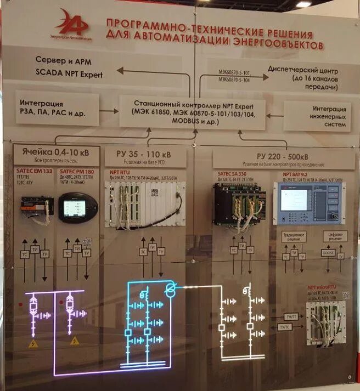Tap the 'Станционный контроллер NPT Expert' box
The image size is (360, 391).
(x=191, y=111)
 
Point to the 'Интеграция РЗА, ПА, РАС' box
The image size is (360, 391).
(x=57, y=107)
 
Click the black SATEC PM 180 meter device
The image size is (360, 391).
(x=78, y=207)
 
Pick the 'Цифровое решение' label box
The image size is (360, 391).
(x=335, y=236)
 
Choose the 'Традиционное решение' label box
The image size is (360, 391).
(x=294, y=236)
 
